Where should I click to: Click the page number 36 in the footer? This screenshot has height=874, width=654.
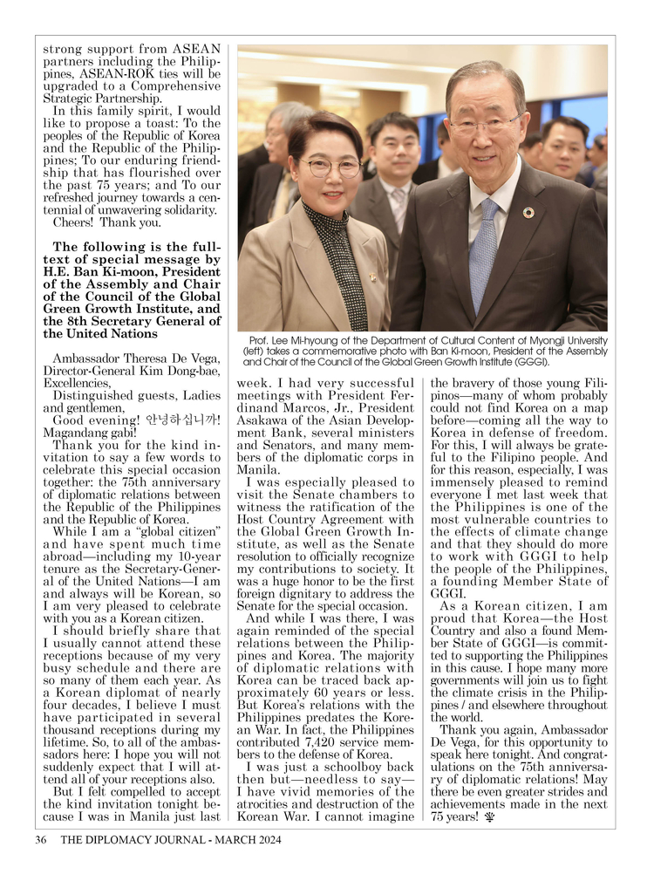tap(40, 841)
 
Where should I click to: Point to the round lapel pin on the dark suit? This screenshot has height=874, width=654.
tap(528, 213)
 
